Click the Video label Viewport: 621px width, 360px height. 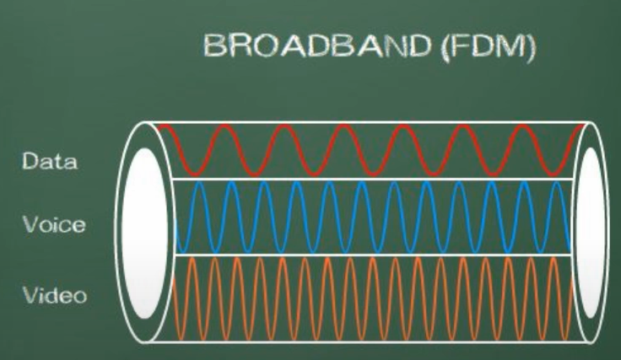(54, 296)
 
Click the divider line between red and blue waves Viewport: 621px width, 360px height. (371, 179)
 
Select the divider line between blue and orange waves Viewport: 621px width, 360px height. (371, 254)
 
